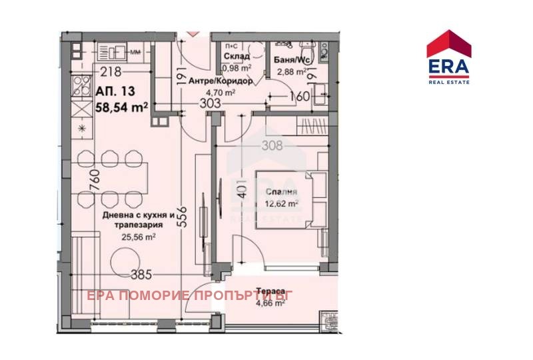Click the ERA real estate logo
(x=449, y=57)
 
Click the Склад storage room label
(x=232, y=56)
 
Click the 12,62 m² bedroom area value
(x=282, y=204)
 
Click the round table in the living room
(x=123, y=261)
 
